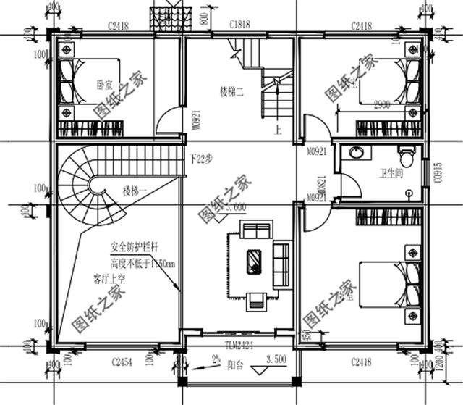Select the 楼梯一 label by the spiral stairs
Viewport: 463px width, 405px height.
135,191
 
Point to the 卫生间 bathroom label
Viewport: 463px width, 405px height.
391,174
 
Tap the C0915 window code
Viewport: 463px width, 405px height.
437,175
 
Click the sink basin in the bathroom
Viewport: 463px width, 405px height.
356,153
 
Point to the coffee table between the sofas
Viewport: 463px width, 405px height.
255,261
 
